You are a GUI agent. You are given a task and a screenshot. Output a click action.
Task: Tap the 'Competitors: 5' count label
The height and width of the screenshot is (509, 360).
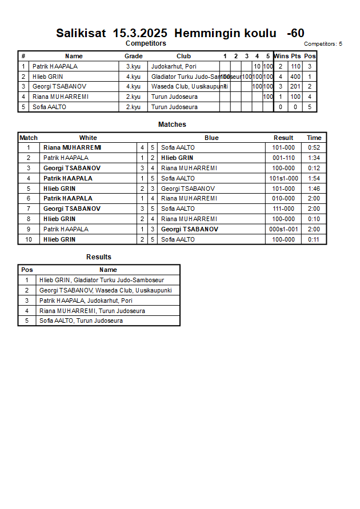coord(323,44)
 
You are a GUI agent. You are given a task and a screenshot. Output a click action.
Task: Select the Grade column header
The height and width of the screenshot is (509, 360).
coord(133,56)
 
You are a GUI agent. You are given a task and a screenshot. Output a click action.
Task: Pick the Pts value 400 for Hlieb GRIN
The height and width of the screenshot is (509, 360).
coord(295,77)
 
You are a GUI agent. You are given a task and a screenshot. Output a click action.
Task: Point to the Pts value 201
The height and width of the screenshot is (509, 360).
coord(295,87)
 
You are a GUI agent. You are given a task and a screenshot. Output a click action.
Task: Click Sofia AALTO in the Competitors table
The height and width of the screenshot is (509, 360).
coord(49,107)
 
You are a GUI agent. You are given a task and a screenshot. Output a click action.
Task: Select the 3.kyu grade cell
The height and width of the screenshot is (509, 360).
coord(133,66)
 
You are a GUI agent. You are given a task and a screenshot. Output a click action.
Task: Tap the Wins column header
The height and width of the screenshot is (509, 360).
coord(281,56)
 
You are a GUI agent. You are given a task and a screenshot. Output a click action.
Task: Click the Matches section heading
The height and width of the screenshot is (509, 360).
coord(172,125)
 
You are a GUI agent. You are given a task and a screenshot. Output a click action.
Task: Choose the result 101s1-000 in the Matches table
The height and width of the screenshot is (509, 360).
coord(283,178)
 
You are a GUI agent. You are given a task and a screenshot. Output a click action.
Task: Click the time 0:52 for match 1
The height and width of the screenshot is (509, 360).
coord(314,147)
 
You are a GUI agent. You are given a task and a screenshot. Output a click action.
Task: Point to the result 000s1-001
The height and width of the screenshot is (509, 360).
coord(283,229)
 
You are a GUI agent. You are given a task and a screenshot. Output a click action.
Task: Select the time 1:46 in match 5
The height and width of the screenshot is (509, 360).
coord(314,189)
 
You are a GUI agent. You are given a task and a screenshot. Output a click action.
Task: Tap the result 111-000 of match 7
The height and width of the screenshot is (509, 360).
coord(283,209)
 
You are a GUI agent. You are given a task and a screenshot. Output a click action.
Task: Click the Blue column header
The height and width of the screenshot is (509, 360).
coord(211,138)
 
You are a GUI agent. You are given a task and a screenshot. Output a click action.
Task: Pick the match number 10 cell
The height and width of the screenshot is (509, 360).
coord(28,239)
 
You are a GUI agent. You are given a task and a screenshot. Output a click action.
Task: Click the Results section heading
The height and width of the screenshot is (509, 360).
coord(99,257)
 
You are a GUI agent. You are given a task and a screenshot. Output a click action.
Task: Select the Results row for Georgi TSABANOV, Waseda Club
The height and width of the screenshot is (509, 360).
coord(106,290)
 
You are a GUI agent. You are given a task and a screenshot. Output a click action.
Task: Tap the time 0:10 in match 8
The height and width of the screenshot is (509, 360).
coord(314,219)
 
